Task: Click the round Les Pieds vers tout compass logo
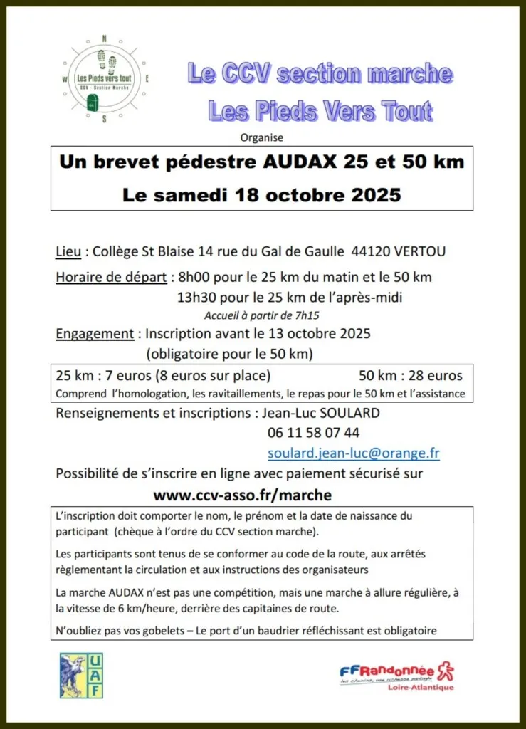pyautogui.click(x=105, y=79)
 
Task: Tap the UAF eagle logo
pyautogui.click(x=80, y=675)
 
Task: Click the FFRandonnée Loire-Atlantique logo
pyautogui.click(x=396, y=676)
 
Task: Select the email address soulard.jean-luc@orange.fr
pyautogui.click(x=353, y=453)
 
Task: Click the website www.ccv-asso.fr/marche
pyautogui.click(x=243, y=494)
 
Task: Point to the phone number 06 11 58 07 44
pyautogui.click(x=313, y=432)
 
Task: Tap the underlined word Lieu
pyautogui.click(x=68, y=253)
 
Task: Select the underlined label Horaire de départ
pyautogui.click(x=110, y=277)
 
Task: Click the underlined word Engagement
pyautogui.click(x=95, y=333)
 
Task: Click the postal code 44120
pyautogui.click(x=363, y=253)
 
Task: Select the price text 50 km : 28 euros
pyautogui.click(x=410, y=375)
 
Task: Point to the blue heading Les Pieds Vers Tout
pyautogui.click(x=320, y=111)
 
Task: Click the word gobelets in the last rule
pyautogui.click(x=167, y=630)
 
